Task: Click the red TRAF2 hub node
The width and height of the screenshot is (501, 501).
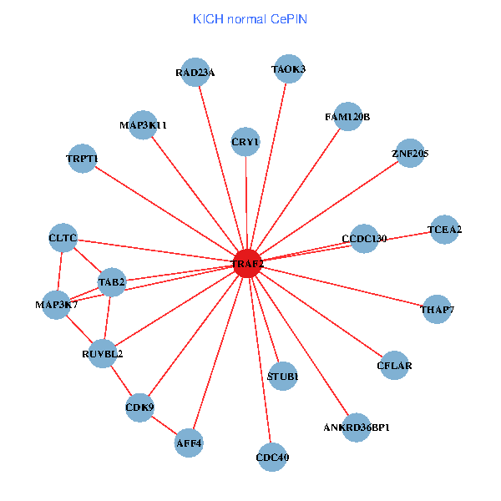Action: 247,263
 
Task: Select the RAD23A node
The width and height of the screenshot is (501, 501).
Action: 195,72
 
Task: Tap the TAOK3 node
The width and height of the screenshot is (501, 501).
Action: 288,68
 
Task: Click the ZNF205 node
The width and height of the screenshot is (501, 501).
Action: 410,153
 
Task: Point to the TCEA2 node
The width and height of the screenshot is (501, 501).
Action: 445,230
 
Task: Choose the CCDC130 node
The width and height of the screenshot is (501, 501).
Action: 364,239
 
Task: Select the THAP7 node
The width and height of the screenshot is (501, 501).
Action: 438,310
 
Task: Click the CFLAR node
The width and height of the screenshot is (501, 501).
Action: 394,365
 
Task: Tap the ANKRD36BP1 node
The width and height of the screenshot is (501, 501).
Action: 357,428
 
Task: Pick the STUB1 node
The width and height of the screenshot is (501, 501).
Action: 283,377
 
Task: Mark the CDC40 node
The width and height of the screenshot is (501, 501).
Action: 272,457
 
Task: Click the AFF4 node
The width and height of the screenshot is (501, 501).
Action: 190,443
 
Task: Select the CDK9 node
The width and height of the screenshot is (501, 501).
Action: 139,407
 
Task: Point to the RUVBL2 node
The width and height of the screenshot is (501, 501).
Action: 103,353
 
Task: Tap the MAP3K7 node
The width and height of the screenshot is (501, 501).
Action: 57,305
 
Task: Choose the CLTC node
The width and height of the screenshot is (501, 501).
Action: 63,238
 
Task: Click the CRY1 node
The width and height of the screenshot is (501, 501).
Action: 245,142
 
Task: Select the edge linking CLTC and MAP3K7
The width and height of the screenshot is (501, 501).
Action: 60,271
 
